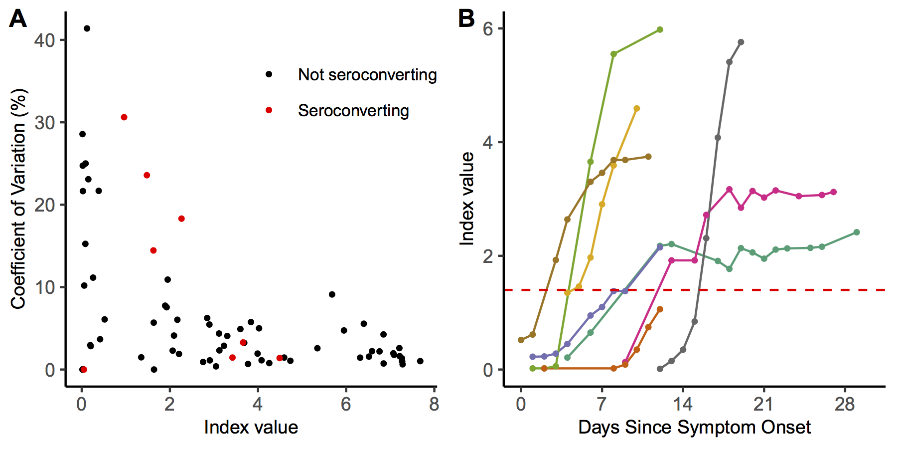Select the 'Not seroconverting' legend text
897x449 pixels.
(367, 75)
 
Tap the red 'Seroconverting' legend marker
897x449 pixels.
(269, 110)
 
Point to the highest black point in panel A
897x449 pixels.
(87, 28)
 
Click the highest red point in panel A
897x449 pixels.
(124, 117)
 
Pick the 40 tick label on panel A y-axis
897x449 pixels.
(44, 40)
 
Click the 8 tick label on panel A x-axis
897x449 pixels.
(434, 404)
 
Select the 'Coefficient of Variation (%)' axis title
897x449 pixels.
(18, 199)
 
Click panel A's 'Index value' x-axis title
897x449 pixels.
(251, 428)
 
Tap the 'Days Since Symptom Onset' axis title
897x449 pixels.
(694, 428)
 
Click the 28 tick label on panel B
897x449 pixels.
(845, 404)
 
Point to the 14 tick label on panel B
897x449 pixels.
(683, 404)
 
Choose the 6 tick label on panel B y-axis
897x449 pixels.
(487, 28)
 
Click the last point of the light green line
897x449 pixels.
(660, 29)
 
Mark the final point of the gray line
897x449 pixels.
(741, 42)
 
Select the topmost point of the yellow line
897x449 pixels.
(637, 108)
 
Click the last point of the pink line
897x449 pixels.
(834, 192)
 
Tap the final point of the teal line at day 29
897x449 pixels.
(857, 232)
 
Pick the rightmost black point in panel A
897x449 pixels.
(420, 361)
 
